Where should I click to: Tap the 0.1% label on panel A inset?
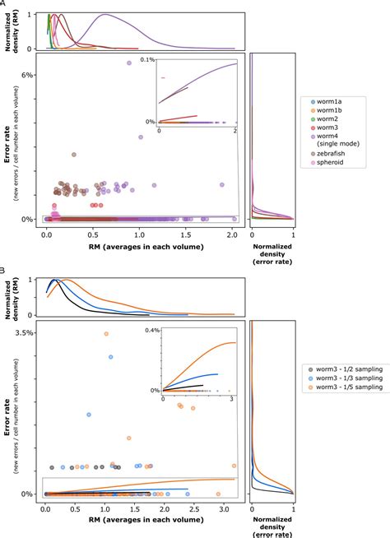click(147, 61)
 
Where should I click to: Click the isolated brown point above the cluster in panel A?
click(74, 155)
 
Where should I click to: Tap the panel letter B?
click(3, 269)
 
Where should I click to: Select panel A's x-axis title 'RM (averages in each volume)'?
click(139, 246)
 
